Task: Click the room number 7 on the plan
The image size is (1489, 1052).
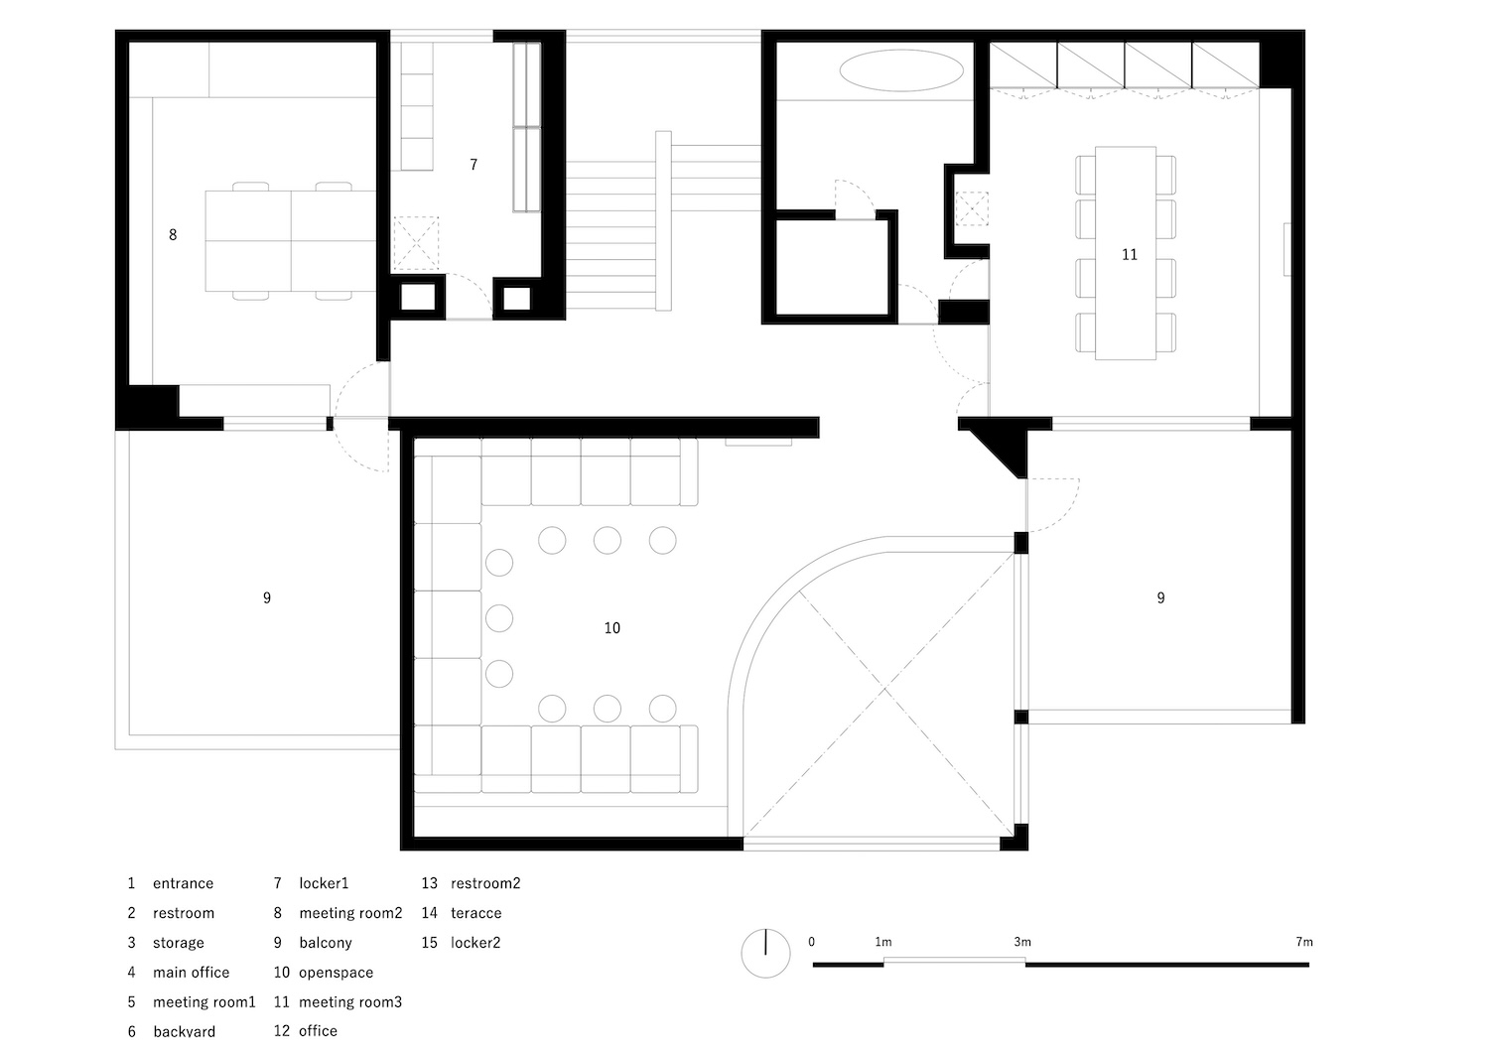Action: (x=474, y=164)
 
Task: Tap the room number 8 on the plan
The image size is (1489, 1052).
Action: (x=173, y=234)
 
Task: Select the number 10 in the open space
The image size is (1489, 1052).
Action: (x=612, y=628)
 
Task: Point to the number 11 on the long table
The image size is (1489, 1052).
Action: (x=1130, y=254)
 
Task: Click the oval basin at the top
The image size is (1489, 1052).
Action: (x=901, y=69)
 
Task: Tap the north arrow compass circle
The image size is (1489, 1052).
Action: (x=765, y=953)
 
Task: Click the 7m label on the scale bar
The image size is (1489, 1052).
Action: (x=1304, y=942)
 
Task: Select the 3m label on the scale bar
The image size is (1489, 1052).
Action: (x=1022, y=942)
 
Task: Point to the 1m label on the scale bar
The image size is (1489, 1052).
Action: (x=883, y=942)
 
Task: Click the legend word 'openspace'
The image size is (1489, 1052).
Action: (x=336, y=973)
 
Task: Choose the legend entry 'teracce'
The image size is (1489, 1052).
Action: (x=475, y=913)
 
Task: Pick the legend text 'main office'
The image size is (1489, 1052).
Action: (x=191, y=973)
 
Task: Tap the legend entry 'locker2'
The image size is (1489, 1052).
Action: (x=475, y=943)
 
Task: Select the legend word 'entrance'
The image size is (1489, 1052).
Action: (x=183, y=883)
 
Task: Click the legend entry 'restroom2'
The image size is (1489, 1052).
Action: (x=485, y=883)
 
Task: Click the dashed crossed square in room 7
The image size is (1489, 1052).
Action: (x=416, y=243)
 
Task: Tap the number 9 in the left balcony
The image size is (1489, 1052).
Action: (x=267, y=598)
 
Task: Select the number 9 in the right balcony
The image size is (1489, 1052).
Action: (x=1160, y=598)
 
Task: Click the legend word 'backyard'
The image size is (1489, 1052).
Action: (x=184, y=1031)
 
